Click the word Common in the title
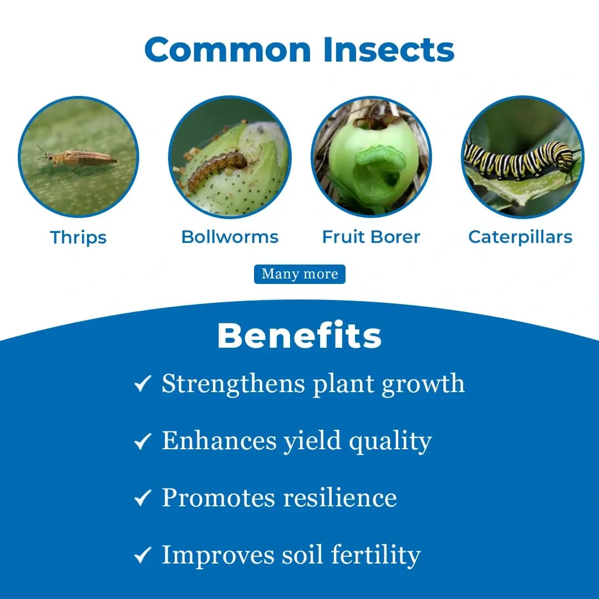(229, 49)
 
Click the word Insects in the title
(389, 49)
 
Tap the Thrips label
(78, 237)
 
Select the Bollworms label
(230, 237)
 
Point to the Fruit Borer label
(371, 237)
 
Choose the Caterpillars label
(520, 237)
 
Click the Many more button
(299, 274)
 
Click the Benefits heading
(299, 336)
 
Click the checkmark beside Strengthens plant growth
(143, 383)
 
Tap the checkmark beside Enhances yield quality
(143, 441)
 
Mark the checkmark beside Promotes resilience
(143, 499)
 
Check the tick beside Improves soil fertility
(143, 556)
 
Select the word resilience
(340, 498)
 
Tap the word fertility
(375, 555)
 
